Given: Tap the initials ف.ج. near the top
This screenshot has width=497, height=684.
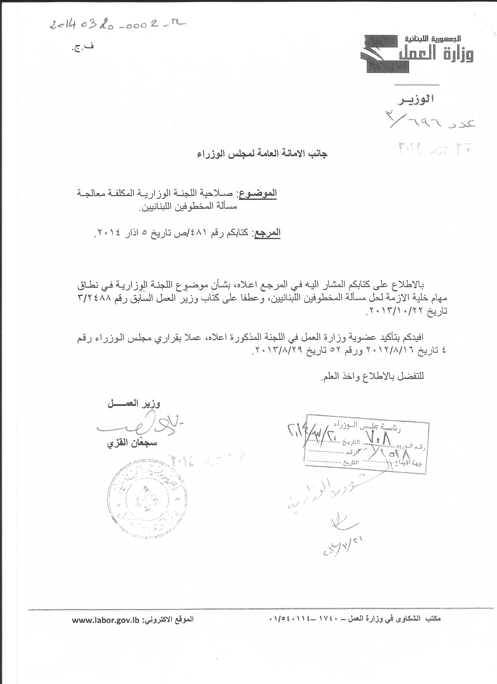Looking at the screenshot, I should [82, 48].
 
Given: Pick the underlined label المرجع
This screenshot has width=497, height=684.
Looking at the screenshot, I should [268, 233].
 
